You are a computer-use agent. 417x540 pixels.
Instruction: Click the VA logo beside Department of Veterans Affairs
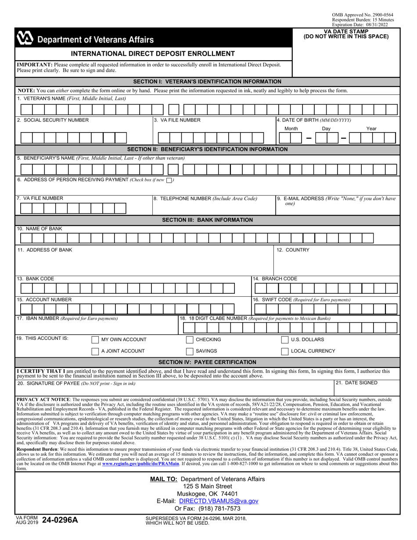(x=25, y=39)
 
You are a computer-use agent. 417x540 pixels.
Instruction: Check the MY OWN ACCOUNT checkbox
(x=95, y=340)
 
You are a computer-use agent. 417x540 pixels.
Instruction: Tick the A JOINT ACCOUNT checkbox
(x=95, y=351)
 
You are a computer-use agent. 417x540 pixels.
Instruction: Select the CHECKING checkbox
(x=190, y=340)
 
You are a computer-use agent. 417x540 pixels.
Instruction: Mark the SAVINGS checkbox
(x=190, y=351)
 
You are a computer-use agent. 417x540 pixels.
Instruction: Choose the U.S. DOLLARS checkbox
(x=284, y=340)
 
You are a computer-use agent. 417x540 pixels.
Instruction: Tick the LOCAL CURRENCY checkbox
(x=284, y=351)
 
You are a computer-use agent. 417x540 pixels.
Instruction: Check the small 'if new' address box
(x=169, y=180)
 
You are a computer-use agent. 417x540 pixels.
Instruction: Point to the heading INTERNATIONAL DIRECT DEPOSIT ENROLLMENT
(x=153, y=54)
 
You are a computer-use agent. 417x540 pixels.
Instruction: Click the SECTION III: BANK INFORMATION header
(x=207, y=220)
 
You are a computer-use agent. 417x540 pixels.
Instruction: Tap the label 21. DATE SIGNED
(x=356, y=383)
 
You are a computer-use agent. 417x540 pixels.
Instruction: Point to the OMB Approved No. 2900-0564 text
(x=363, y=15)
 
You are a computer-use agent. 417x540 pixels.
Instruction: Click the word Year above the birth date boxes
(x=371, y=129)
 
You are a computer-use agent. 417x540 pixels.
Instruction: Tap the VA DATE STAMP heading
(x=346, y=32)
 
